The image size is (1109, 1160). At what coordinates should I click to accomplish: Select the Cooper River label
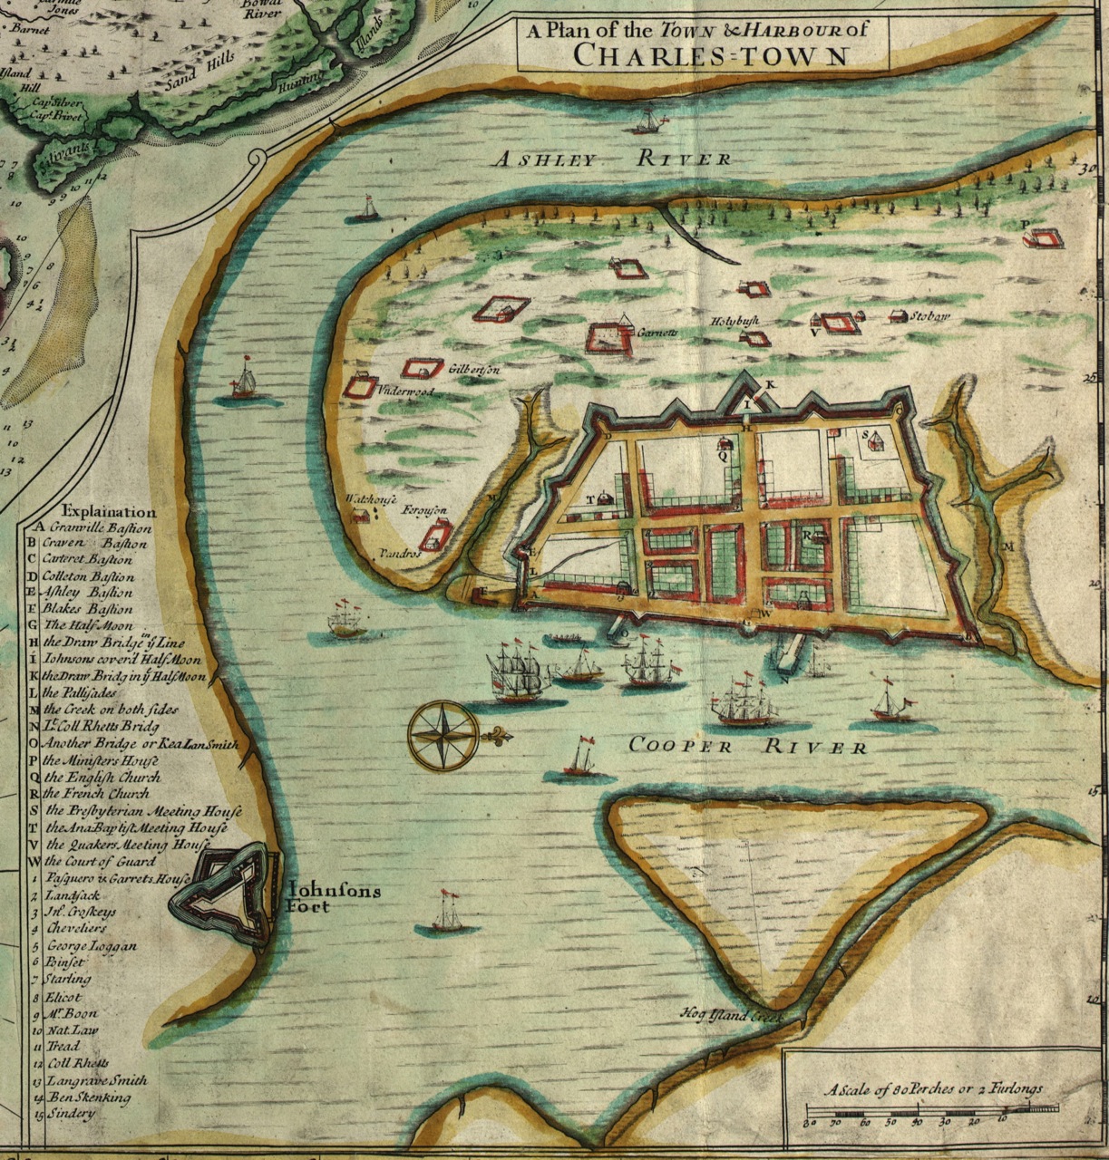tap(747, 747)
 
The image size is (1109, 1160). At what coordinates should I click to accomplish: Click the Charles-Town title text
tap(711, 55)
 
